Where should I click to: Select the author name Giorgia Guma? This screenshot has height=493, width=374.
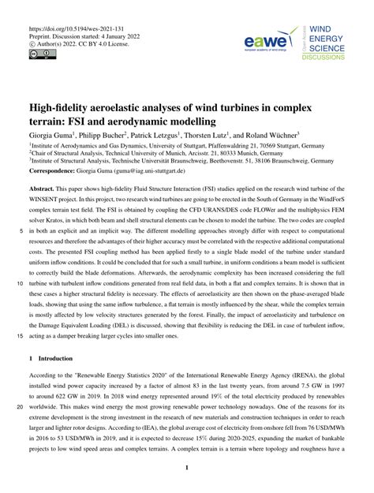click(x=53, y=135)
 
